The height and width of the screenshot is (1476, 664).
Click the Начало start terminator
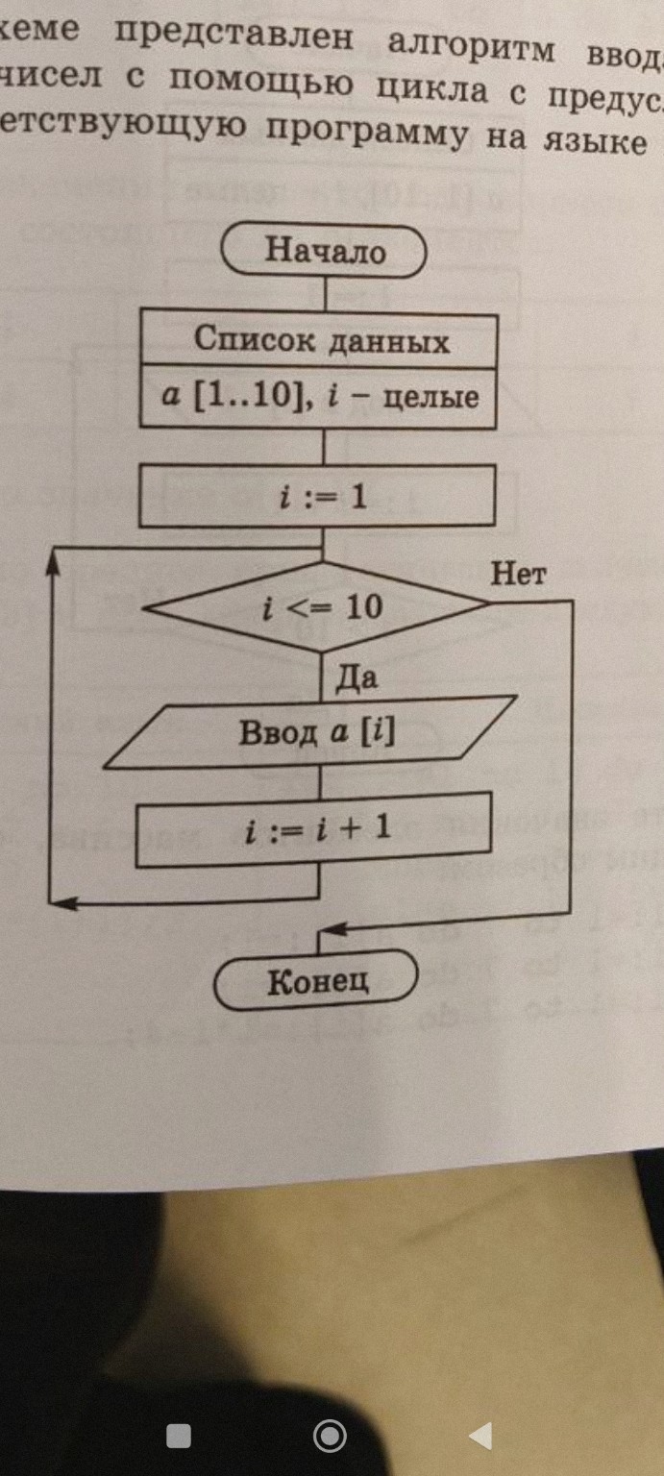click(324, 252)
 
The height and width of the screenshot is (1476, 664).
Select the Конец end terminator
click(316, 980)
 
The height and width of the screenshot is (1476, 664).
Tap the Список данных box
click(319, 338)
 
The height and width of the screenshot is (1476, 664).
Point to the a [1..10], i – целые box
click(319, 396)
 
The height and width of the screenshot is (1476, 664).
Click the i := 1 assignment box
click(317, 497)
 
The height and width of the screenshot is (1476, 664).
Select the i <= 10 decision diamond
click(321, 606)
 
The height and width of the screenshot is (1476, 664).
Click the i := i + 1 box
click(315, 828)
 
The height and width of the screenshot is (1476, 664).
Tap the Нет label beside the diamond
click(518, 575)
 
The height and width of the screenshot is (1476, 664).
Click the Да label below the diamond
click(357, 678)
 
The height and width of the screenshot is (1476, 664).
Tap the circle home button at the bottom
click(330, 1436)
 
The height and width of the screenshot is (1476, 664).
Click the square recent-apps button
click(179, 1436)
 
